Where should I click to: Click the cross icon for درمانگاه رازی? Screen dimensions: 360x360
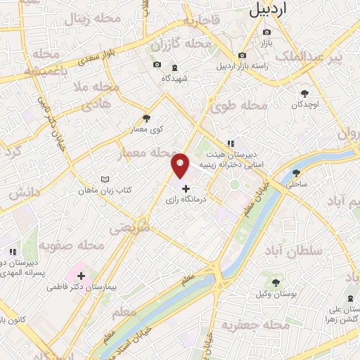(186, 188)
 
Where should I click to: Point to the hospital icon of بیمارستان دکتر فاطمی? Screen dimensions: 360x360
(82, 276)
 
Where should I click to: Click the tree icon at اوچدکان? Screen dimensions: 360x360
(304, 94)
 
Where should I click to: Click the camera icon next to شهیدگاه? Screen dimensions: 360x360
(156, 66)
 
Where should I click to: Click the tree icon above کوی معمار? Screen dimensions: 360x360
(146, 118)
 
